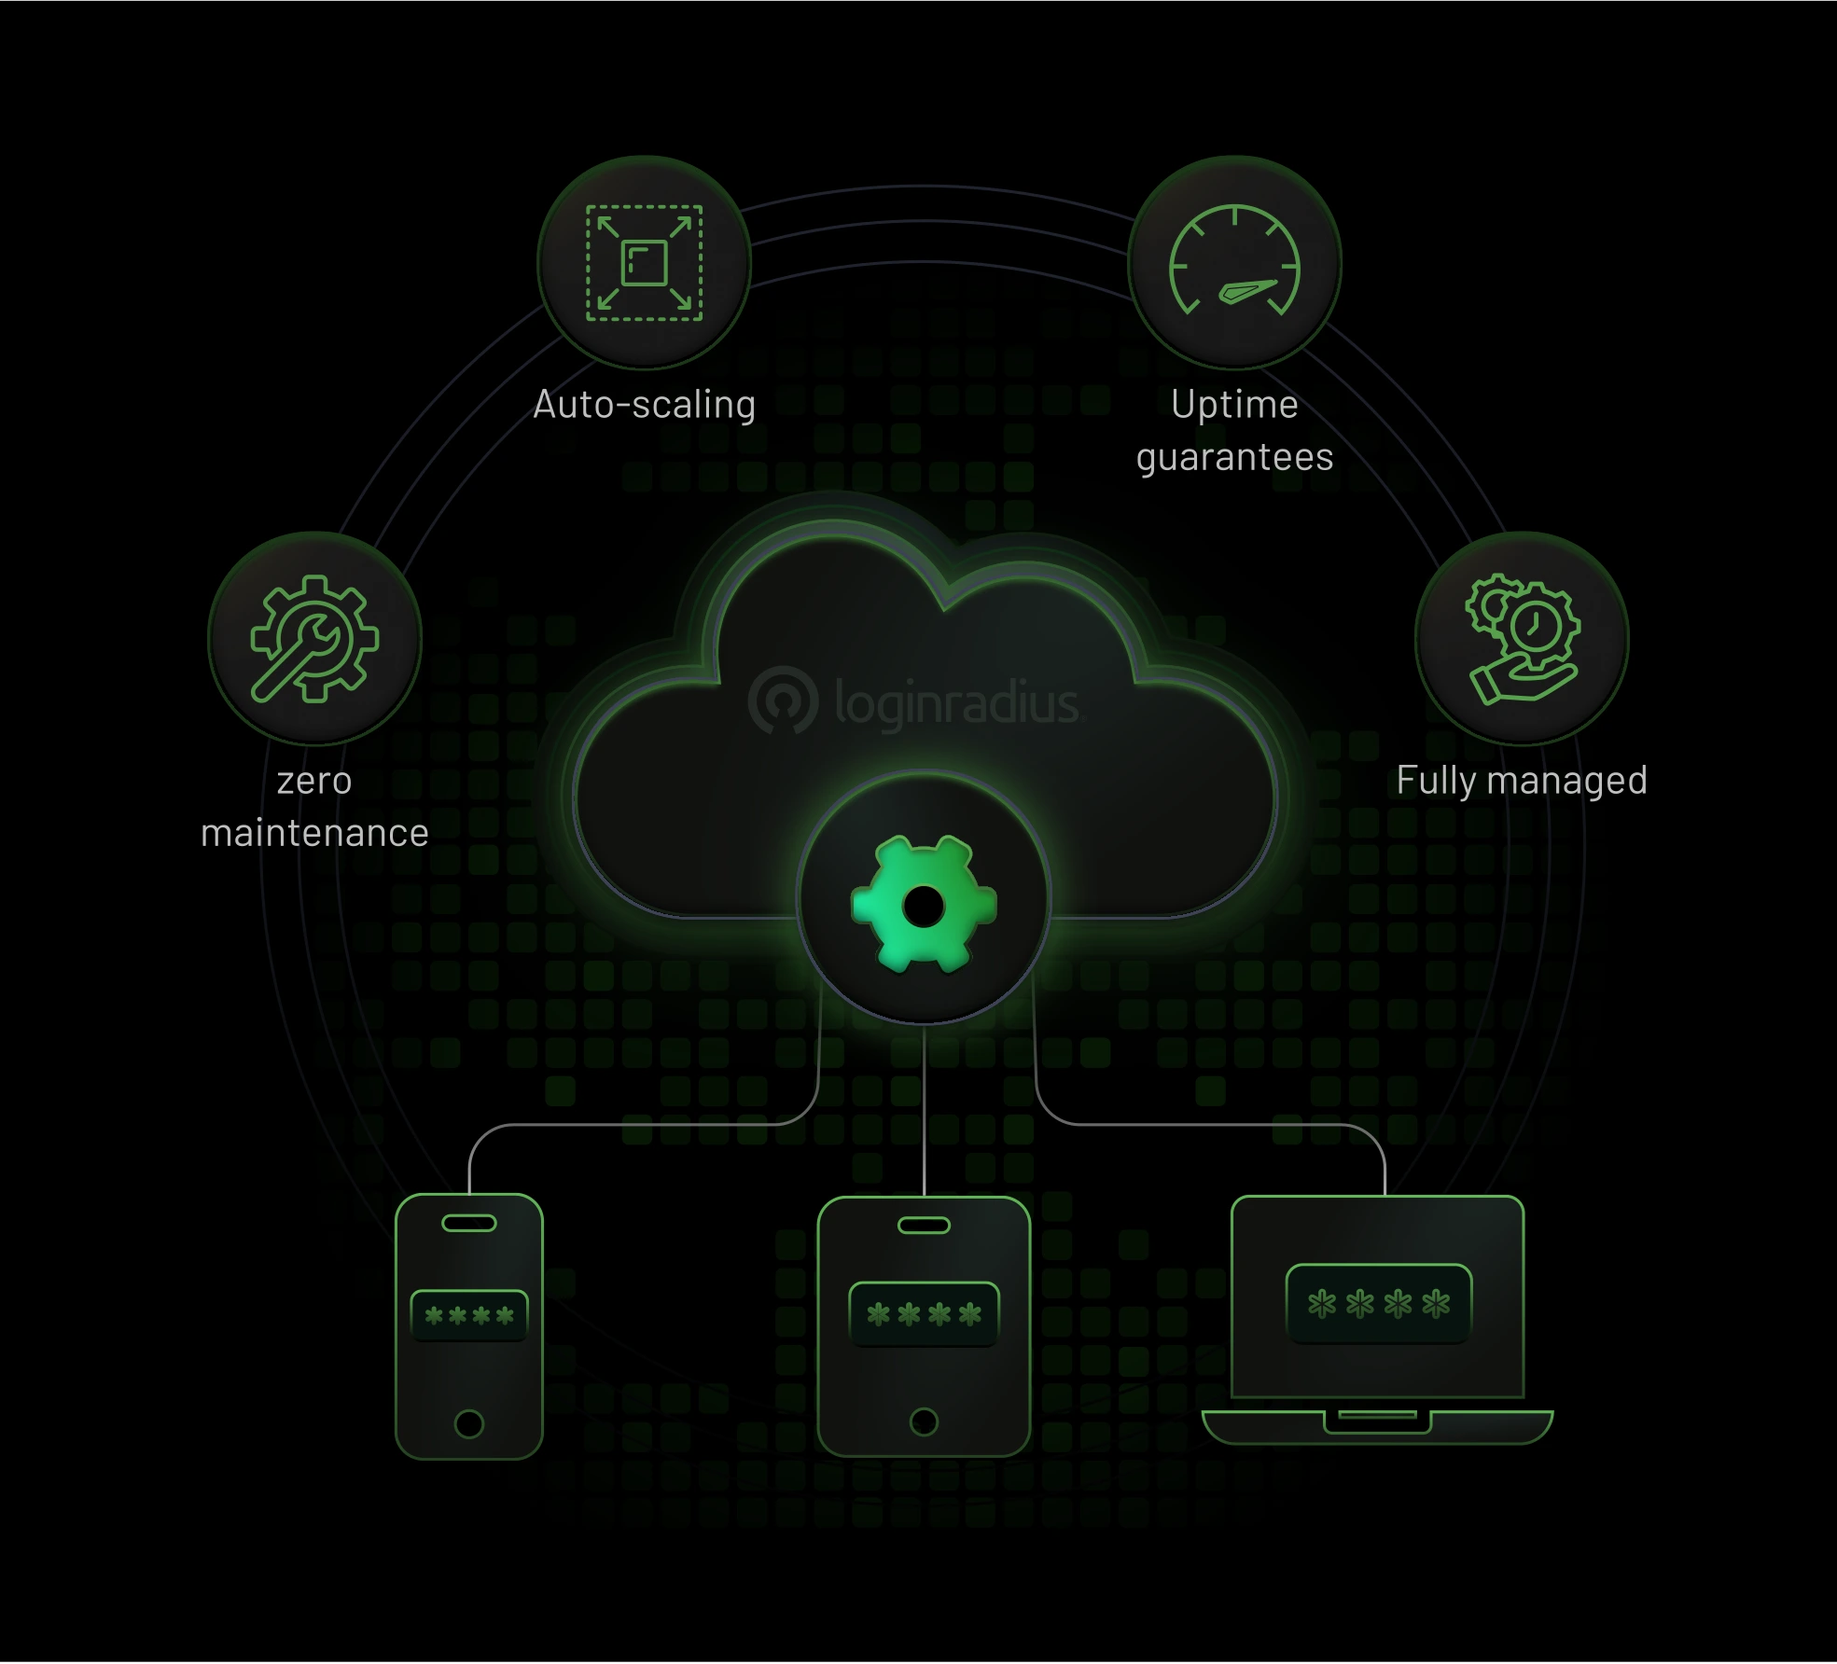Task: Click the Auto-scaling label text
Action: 644,405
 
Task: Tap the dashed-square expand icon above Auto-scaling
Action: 644,263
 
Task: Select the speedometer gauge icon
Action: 1234,260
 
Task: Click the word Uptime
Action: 1234,406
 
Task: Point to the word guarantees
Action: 1234,458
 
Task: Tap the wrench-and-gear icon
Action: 314,638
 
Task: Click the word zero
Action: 314,781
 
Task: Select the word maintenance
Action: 314,832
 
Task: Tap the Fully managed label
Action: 1522,781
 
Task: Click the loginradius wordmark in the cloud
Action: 958,701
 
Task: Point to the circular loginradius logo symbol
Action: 783,700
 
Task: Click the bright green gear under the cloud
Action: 924,905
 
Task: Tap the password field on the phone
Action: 469,1315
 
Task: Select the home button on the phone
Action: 468,1424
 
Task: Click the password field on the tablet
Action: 924,1314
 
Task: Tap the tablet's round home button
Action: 924,1421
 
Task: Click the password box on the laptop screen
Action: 1378,1304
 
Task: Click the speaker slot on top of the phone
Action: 469,1223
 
